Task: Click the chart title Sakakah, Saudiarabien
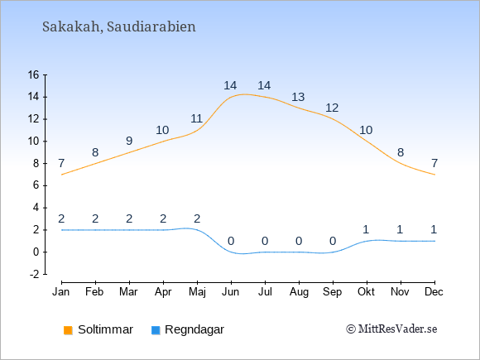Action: (119, 27)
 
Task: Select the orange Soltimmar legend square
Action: (68, 330)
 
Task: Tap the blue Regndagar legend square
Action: (156, 330)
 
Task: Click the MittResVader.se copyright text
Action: (391, 329)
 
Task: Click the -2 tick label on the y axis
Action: (35, 274)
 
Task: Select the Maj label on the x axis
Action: (197, 292)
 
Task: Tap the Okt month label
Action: (366, 292)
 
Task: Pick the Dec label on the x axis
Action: (434, 292)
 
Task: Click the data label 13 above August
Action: (298, 97)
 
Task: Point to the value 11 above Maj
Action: (196, 118)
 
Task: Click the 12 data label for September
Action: (332, 108)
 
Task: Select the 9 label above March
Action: (129, 141)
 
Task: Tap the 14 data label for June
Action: (230, 85)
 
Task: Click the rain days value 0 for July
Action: (265, 241)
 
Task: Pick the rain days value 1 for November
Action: (400, 229)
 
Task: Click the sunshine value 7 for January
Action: (61, 163)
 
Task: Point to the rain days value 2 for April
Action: (163, 218)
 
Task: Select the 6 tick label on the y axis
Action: (36, 185)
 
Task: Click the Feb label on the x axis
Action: (94, 292)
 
